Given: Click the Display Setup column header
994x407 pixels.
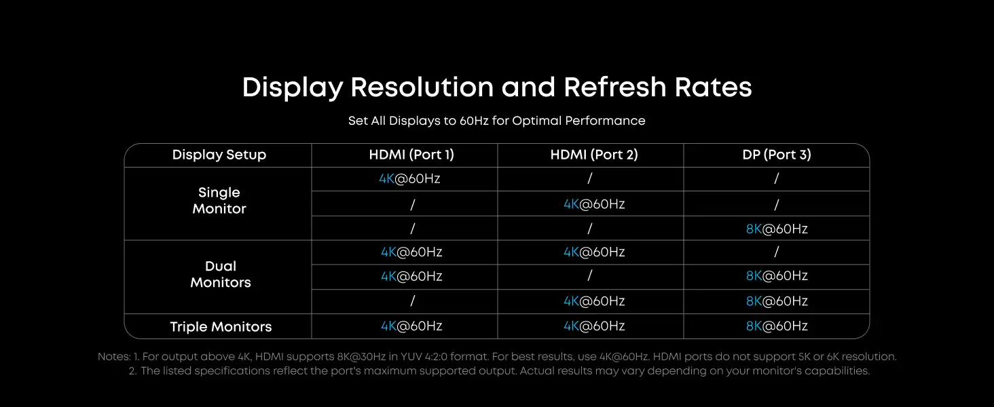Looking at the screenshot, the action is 219,155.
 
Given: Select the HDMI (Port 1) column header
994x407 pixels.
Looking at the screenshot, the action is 411,155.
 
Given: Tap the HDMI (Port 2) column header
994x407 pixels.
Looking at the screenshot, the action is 594,155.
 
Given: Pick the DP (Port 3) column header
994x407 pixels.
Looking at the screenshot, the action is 777,155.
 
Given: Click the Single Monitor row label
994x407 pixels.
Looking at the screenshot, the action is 219,200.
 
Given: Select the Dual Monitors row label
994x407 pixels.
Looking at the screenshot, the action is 221,275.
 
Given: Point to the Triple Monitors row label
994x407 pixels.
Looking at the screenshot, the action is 221,327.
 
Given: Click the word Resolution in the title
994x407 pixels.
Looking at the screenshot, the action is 422,87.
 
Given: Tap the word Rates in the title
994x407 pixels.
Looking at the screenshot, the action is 713,87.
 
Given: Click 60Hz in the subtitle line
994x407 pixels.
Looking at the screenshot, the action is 474,121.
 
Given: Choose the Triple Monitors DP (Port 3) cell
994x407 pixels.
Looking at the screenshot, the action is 777,326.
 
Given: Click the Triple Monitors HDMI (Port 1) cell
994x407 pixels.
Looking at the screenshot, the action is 411,326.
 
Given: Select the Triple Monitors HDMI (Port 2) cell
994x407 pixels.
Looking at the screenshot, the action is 594,326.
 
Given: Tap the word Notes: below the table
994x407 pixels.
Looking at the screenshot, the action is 114,356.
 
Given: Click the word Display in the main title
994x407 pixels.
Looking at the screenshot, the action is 293,88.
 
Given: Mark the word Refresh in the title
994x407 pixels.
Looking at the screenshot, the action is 615,87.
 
